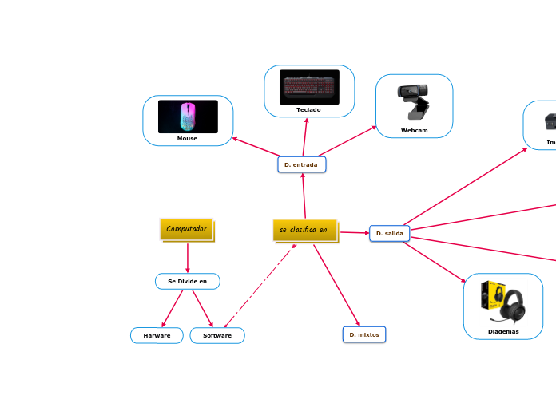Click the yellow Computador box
tap(186, 229)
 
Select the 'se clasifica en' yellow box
tap(304, 230)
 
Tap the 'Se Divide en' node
tap(187, 281)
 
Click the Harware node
tap(157, 335)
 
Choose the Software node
tap(217, 335)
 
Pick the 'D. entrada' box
tap(301, 164)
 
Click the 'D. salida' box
tap(389, 233)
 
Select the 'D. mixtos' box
tap(364, 334)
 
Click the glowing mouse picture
tap(188, 117)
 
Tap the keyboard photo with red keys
tap(309, 87)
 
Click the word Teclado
tap(308, 109)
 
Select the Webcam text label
tap(414, 130)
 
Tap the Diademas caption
tap(503, 331)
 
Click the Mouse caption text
tap(187, 138)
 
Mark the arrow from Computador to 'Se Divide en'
tap(187, 257)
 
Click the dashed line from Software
tap(260, 285)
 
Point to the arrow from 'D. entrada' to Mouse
tap(256, 148)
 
